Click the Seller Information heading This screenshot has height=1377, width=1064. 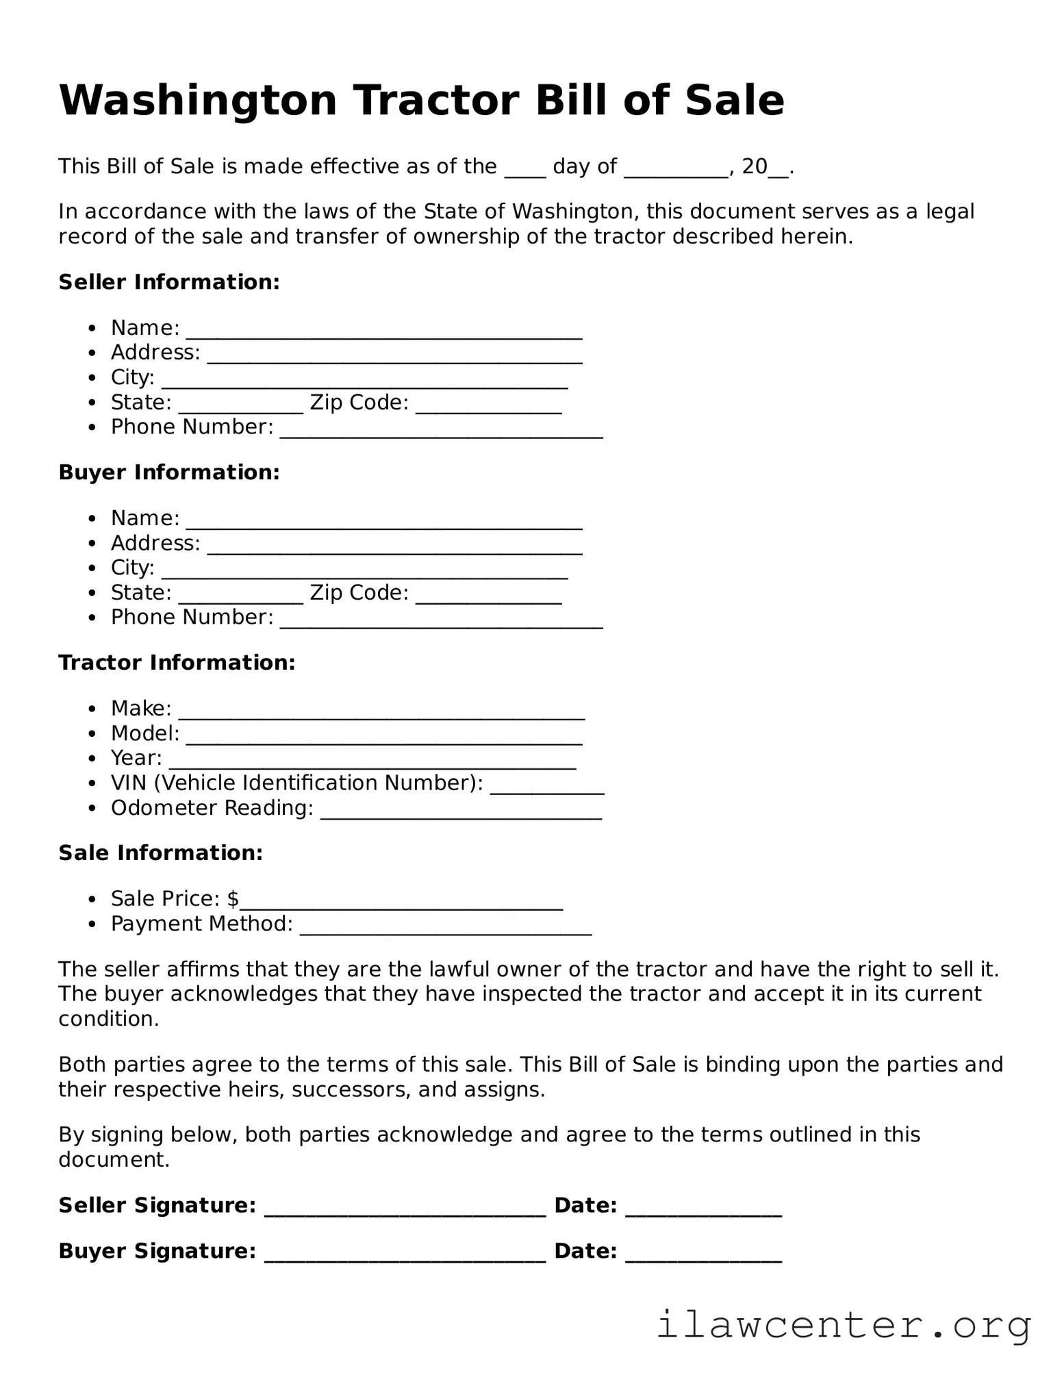click(x=169, y=282)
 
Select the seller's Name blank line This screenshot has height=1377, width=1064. click(x=384, y=334)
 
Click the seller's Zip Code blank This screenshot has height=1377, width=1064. click(x=488, y=409)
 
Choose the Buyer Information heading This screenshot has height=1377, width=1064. click(x=169, y=472)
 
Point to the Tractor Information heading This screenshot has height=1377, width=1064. click(x=177, y=663)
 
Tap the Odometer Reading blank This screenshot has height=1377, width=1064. click(x=461, y=814)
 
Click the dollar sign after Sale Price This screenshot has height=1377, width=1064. click(x=233, y=898)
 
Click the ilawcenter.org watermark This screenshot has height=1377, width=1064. click(x=844, y=1326)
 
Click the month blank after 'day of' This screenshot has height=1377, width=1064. click(x=675, y=173)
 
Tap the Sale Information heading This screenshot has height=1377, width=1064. click(x=160, y=853)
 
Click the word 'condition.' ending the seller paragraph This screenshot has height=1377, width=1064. click(x=108, y=1019)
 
